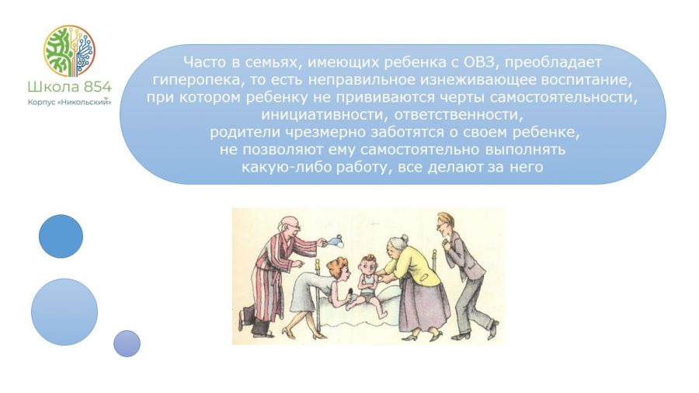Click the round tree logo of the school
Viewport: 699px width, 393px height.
pyautogui.click(x=69, y=50)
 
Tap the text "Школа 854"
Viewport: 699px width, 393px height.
pyautogui.click(x=70, y=86)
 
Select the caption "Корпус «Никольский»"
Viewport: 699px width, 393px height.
pyautogui.click(x=70, y=102)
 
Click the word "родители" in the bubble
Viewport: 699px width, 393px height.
pyautogui.click(x=245, y=132)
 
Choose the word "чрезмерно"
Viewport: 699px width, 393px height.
pyautogui.click(x=325, y=132)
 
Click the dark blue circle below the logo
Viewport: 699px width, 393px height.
pyautogui.click(x=61, y=236)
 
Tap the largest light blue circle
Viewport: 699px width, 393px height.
pyautogui.click(x=64, y=312)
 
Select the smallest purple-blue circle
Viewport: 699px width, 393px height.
pyautogui.click(x=127, y=343)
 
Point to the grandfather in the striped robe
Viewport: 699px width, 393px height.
pyautogui.click(x=276, y=276)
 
